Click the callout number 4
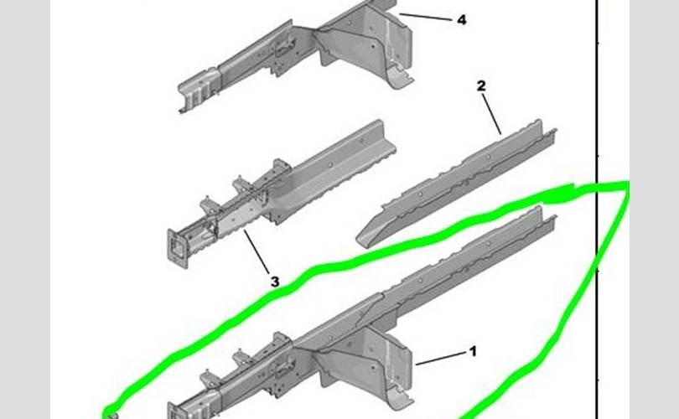click(x=462, y=20)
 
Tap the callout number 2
click(x=481, y=85)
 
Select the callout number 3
click(x=275, y=282)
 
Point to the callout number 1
click(x=473, y=351)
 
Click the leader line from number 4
click(x=425, y=18)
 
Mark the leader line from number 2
click(x=492, y=114)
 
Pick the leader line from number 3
click(x=257, y=251)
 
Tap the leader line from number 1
click(x=441, y=359)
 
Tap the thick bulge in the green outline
click(x=558, y=194)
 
